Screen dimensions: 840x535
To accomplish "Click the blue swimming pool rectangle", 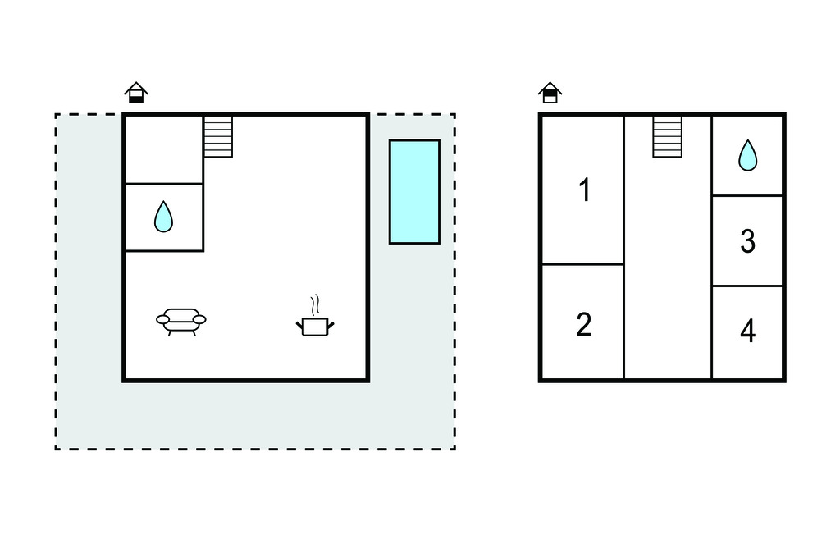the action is click(x=414, y=192).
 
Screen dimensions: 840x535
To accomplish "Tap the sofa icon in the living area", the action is click(x=181, y=322).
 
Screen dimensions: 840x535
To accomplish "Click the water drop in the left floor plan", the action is click(x=163, y=217).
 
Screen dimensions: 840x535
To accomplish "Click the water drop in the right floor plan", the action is click(x=748, y=155).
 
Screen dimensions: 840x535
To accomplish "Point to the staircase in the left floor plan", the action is click(x=218, y=137).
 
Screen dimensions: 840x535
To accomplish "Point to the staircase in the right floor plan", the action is click(x=668, y=137).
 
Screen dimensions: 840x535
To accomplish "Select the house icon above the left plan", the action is click(x=136, y=93).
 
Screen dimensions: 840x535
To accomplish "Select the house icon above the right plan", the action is click(x=550, y=93).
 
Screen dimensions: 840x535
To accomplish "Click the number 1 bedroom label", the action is click(x=585, y=190).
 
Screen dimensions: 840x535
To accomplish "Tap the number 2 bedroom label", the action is click(x=584, y=325).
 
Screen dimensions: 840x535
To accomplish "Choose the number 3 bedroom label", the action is click(x=748, y=241).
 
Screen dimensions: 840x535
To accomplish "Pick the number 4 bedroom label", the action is click(x=748, y=331).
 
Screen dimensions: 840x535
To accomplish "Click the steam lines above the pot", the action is click(x=316, y=304).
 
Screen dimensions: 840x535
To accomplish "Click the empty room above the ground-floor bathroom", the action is click(x=164, y=149).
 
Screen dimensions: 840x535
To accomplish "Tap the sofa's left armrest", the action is click(x=162, y=320).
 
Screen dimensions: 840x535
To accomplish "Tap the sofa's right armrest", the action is click(x=199, y=320).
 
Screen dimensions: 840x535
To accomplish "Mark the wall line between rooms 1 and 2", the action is click(x=583, y=264).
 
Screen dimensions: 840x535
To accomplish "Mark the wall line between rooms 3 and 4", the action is click(x=747, y=286).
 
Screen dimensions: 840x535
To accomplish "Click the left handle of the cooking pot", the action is click(x=299, y=324).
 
